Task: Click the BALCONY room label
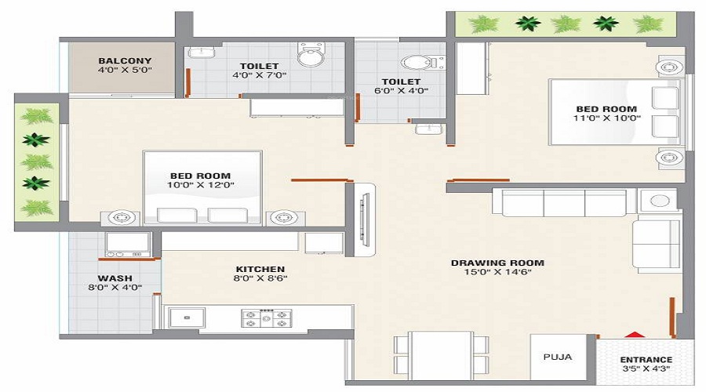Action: pyautogui.click(x=125, y=60)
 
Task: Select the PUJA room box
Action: pyautogui.click(x=558, y=356)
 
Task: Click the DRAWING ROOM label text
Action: pyautogui.click(x=497, y=263)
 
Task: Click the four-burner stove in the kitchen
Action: pyautogui.click(x=265, y=318)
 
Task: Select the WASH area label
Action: pyautogui.click(x=115, y=278)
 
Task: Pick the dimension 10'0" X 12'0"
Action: pyautogui.click(x=200, y=185)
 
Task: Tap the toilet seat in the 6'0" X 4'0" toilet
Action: pyautogui.click(x=413, y=62)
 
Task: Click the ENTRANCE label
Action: pyautogui.click(x=646, y=360)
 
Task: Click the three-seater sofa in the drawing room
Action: pyautogui.click(x=563, y=202)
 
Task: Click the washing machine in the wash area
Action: pyautogui.click(x=127, y=244)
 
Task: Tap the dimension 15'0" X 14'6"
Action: pyautogui.click(x=497, y=274)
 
